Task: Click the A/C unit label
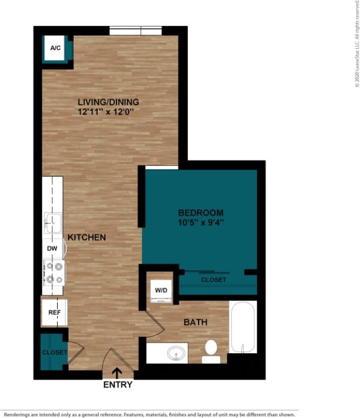[x=55, y=48]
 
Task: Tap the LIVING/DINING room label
[x=108, y=102]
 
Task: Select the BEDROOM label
[x=201, y=213]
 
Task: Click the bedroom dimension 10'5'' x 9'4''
[x=201, y=222]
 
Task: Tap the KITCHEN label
[x=87, y=237]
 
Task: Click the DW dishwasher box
[x=53, y=249]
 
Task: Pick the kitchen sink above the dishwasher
[x=53, y=223]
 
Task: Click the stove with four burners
[x=54, y=272]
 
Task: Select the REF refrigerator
[x=54, y=312]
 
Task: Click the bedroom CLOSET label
[x=213, y=280]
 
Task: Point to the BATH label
[x=195, y=322]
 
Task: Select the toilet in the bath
[x=211, y=351]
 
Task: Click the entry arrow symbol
[x=117, y=374]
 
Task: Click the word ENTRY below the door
[x=118, y=385]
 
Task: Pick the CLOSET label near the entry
[x=54, y=352]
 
